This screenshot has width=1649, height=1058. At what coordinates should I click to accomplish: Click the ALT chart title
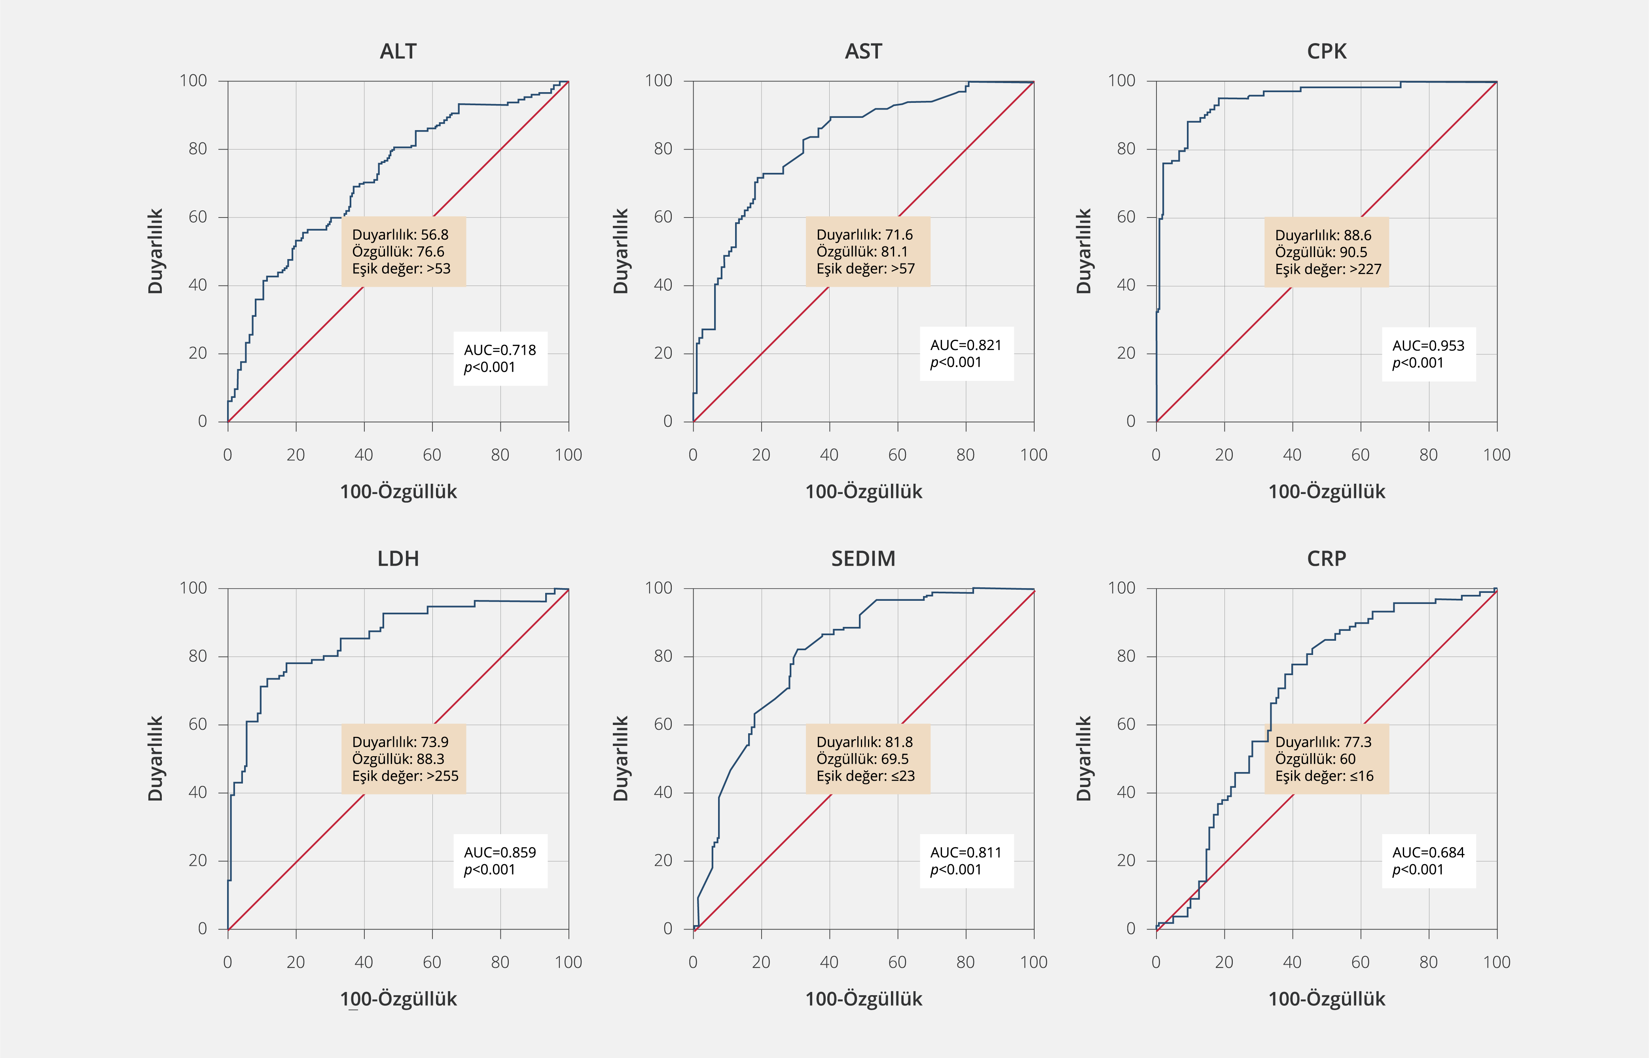tap(398, 51)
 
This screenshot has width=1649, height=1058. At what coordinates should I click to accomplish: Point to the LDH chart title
tap(398, 558)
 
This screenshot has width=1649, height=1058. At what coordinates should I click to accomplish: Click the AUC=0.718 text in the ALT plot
tap(500, 350)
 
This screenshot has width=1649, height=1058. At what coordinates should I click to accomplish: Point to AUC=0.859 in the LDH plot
tap(500, 853)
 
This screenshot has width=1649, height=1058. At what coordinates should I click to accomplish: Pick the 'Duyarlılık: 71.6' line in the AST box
tap(864, 235)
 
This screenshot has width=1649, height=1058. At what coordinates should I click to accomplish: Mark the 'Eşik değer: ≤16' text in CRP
tap(1324, 776)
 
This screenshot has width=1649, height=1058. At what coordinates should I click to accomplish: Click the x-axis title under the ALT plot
tap(398, 492)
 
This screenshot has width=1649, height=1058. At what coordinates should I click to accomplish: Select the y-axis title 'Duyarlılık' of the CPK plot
tap(1084, 252)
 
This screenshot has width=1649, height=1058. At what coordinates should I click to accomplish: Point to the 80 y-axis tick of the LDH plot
tap(198, 656)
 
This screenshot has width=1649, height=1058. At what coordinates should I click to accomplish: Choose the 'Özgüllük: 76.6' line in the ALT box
tap(398, 252)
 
